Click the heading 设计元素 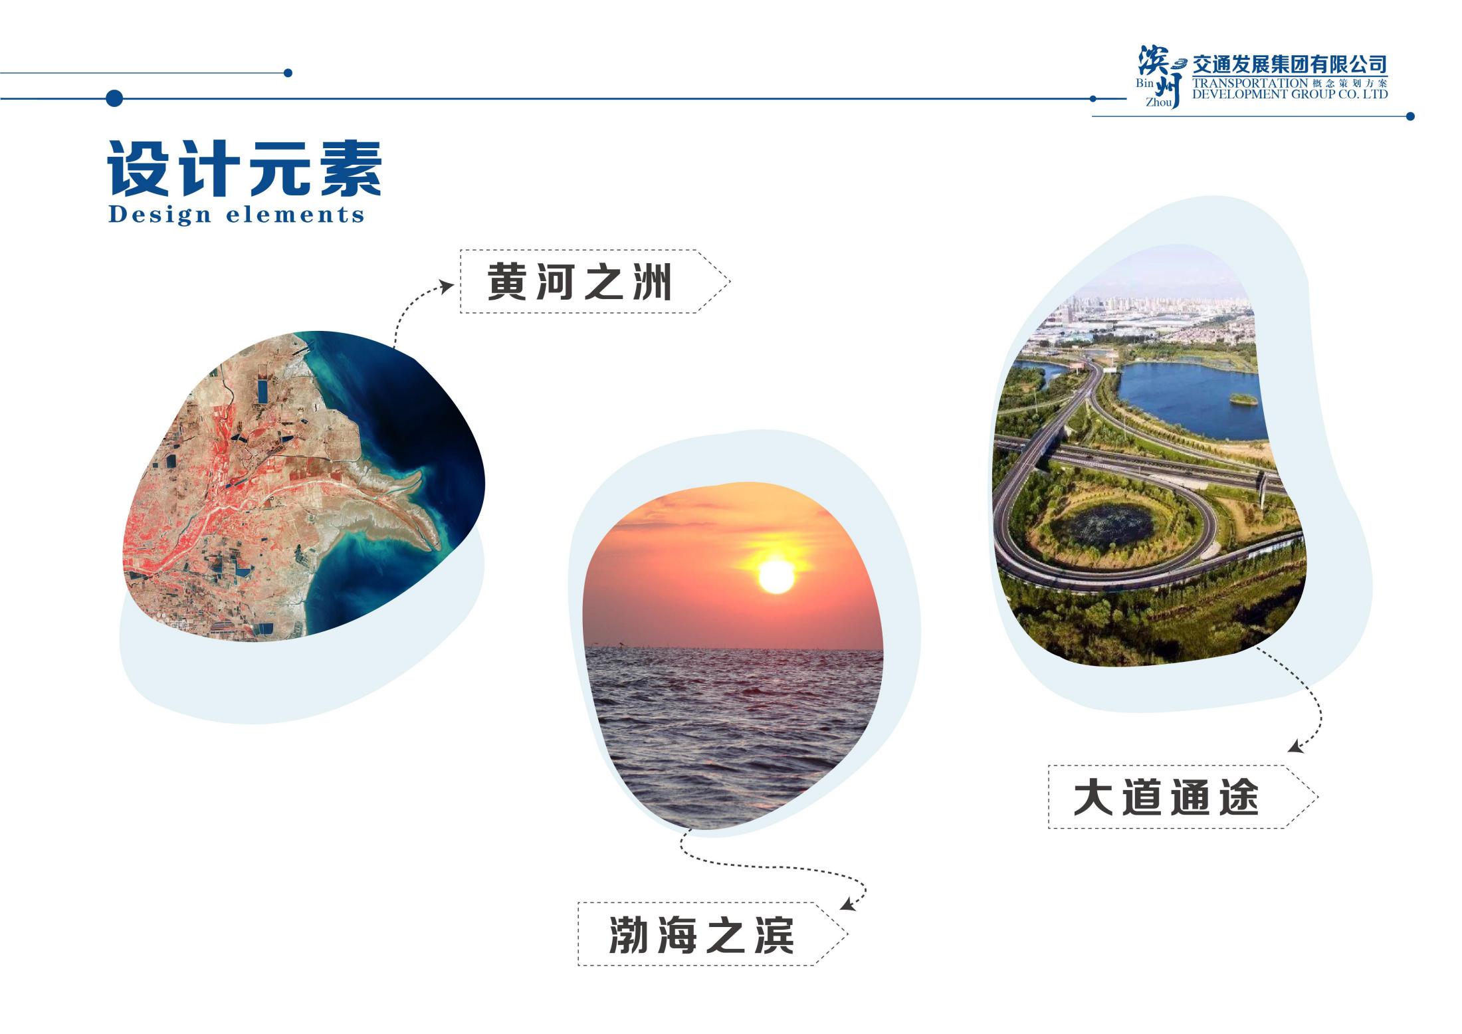[245, 169]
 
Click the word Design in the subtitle [151, 215]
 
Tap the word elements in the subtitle [295, 215]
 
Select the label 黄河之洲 [579, 282]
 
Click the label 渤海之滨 [701, 934]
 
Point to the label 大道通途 [1166, 797]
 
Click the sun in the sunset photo [776, 576]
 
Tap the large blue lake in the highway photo [1190, 399]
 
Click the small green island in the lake [1243, 400]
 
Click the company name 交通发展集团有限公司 [1289, 64]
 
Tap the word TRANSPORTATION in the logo [1249, 83]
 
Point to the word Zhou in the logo [1158, 102]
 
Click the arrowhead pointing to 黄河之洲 [447, 287]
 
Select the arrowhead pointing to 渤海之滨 [847, 905]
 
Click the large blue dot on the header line [114, 98]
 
